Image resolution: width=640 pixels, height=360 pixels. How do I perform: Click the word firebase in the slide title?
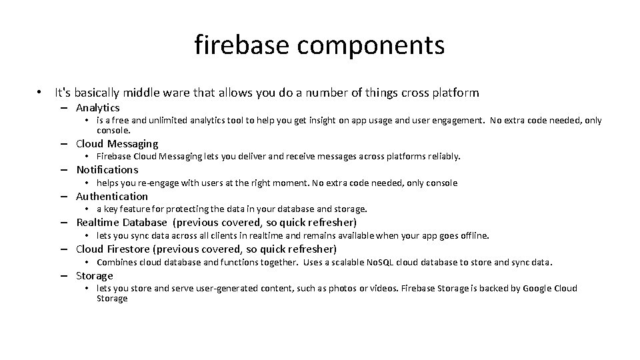pyautogui.click(x=241, y=45)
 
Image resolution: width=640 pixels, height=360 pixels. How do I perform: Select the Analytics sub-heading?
pyautogui.click(x=97, y=107)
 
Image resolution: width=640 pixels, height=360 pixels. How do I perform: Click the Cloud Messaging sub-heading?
pyautogui.click(x=117, y=143)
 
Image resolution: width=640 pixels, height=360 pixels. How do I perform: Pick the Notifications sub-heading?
pyautogui.click(x=107, y=169)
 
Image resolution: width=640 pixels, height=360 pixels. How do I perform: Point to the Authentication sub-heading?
pyautogui.click(x=112, y=196)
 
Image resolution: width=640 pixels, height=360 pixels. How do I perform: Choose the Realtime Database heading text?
pyautogui.click(x=121, y=222)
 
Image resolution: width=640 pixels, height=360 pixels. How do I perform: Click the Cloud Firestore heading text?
pyautogui.click(x=113, y=249)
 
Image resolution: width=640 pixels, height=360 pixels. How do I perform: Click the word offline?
pyautogui.click(x=474, y=235)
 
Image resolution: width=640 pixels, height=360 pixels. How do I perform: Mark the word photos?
pyautogui.click(x=347, y=288)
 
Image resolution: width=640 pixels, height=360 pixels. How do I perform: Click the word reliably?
pyautogui.click(x=443, y=157)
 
